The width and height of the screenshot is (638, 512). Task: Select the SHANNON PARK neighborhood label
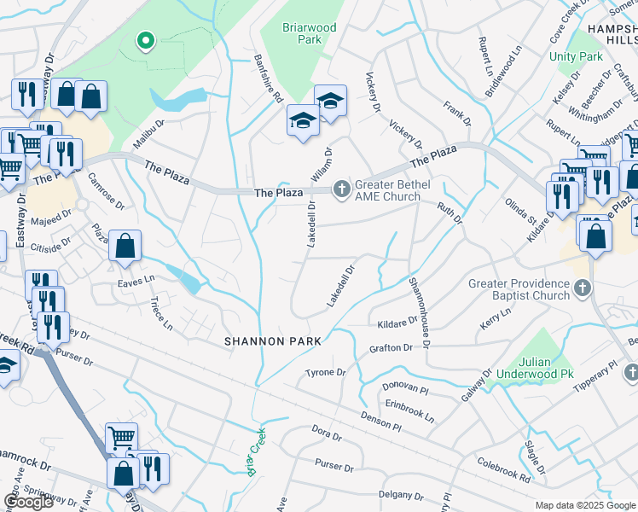(273, 341)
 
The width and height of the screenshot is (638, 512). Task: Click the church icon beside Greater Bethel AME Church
(342, 188)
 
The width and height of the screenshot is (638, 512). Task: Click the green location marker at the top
(146, 39)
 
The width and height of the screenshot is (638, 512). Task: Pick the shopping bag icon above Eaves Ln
(125, 246)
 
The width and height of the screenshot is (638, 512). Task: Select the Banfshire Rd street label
(268, 79)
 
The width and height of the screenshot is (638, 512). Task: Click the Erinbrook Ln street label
(409, 413)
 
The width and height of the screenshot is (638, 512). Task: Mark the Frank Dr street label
(452, 111)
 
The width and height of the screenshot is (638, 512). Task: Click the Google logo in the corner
(28, 502)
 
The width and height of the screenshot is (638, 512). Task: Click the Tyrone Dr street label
(326, 373)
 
